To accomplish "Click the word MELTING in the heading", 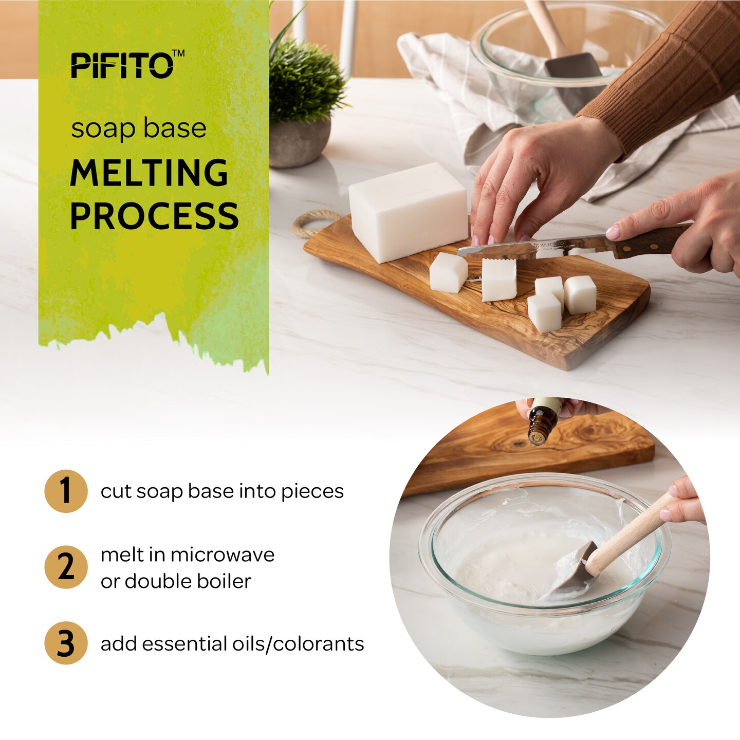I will pos(149,173).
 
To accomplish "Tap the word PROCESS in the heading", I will pos(154,216).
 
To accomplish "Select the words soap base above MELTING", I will pos(139,128).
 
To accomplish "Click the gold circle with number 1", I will pos(66,491).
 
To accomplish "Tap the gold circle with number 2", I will pos(66,567).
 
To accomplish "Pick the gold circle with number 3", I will pos(66,643).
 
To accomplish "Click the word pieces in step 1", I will pos(312,491).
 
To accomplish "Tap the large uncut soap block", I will pos(409,211).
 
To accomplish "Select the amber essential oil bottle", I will pos(542,424).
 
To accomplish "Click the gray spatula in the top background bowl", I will pos(573,69).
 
